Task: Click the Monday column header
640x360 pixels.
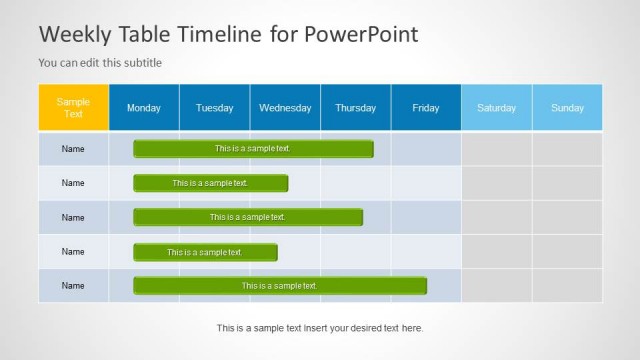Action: point(144,108)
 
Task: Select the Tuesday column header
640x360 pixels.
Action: point(214,108)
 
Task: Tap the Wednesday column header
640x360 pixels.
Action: point(285,108)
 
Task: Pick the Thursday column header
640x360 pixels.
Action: point(355,108)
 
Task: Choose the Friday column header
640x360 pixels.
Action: point(426,108)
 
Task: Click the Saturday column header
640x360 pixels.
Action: point(496,108)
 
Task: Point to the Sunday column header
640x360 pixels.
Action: point(567,108)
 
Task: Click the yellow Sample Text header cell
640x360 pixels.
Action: point(73,108)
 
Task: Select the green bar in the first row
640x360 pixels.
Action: point(253,149)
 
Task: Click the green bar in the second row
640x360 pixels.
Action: point(210,183)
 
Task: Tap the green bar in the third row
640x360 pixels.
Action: point(248,217)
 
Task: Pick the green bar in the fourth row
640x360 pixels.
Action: point(205,252)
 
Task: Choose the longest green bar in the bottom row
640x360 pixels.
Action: point(280,286)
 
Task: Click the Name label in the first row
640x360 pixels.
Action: point(73,149)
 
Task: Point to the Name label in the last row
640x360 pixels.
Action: point(73,286)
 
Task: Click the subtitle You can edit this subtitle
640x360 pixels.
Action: point(100,63)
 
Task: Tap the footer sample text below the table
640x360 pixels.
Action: point(320,328)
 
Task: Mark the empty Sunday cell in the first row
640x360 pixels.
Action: point(567,149)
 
